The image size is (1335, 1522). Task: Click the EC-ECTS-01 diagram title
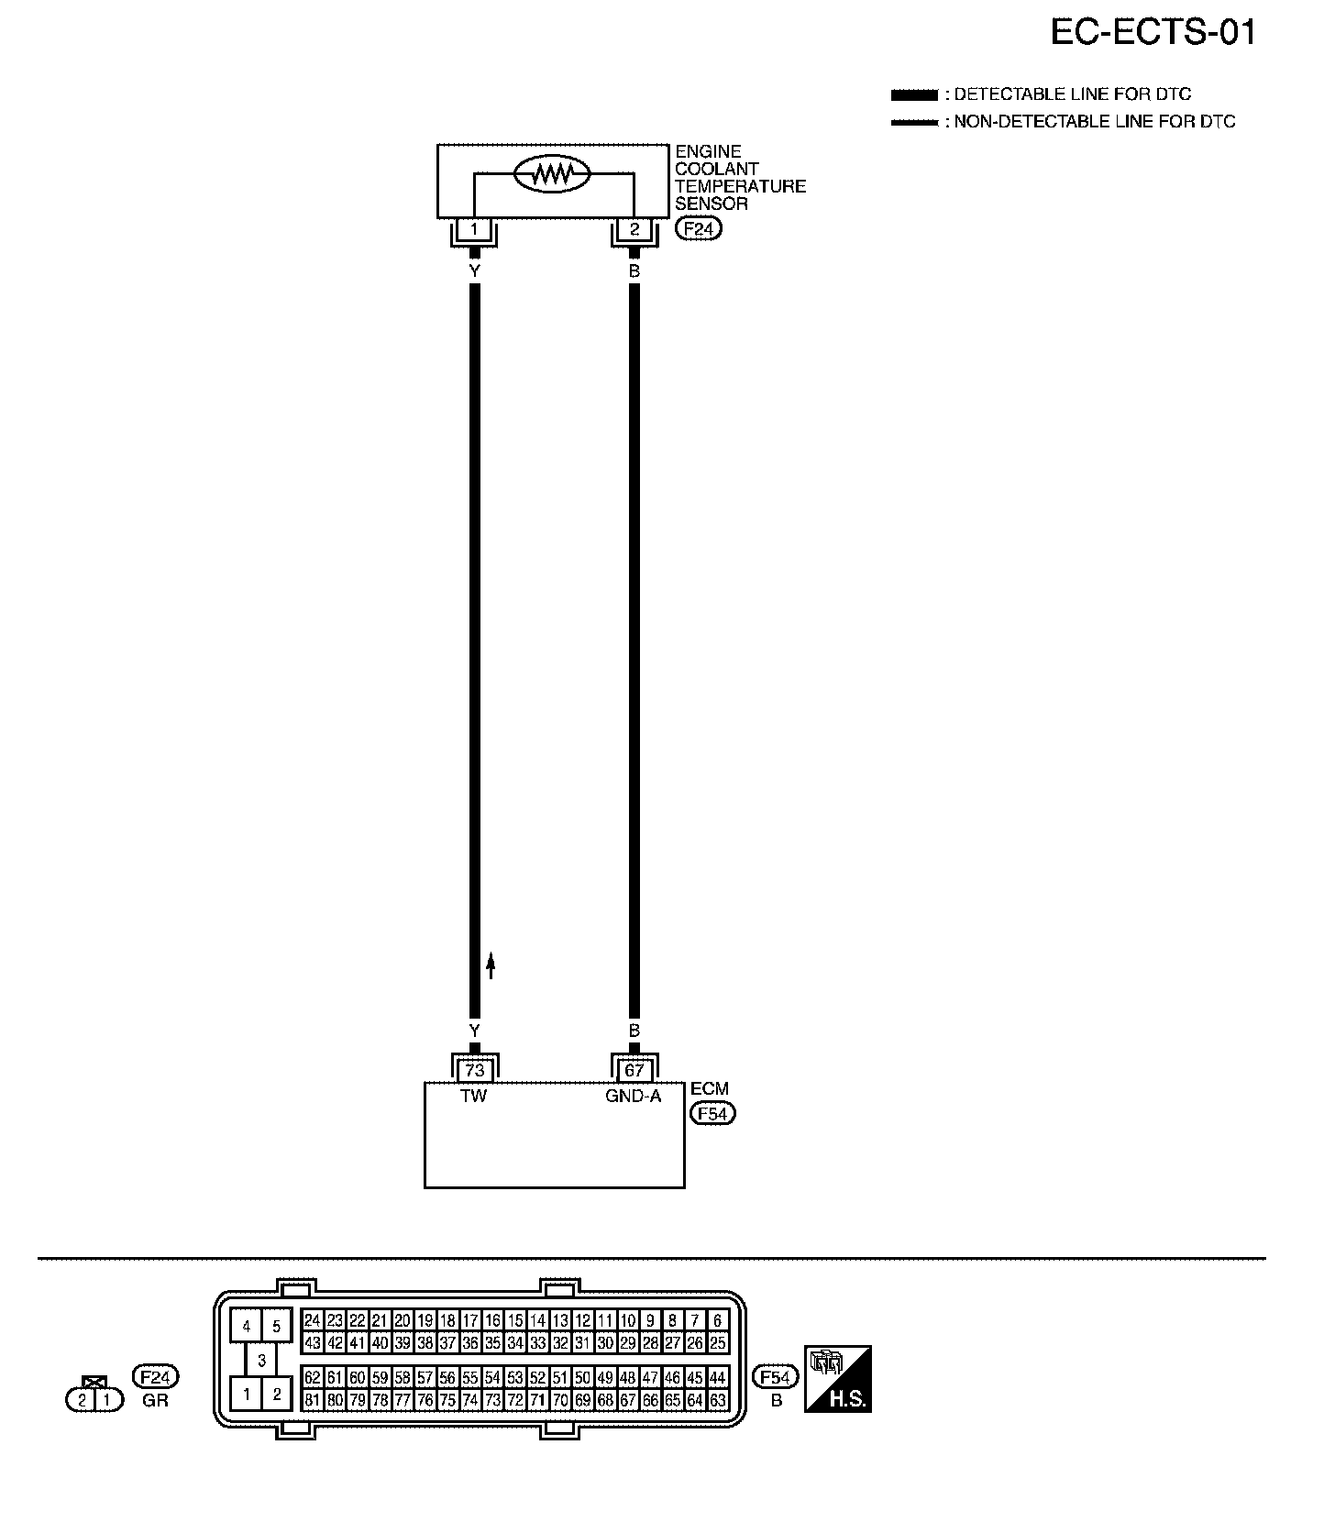pos(1152,33)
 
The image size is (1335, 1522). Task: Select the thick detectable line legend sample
pos(914,94)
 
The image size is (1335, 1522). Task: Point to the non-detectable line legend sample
pos(914,122)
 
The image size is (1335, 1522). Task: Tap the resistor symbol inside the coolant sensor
pos(552,174)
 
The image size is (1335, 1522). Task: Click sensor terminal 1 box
pos(474,229)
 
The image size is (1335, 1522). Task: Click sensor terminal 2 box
pos(634,229)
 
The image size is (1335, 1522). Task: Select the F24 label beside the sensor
pos(699,229)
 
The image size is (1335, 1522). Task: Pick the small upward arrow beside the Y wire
pos(491,965)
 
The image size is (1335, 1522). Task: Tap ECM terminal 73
pos(474,1070)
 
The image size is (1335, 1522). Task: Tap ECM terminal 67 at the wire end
pos(634,1070)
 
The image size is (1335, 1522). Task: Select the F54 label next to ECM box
pos(712,1114)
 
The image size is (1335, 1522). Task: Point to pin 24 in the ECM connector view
pos(313,1321)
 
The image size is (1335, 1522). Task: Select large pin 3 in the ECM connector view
pos(261,1361)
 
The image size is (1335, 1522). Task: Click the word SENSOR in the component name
pos(712,204)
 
